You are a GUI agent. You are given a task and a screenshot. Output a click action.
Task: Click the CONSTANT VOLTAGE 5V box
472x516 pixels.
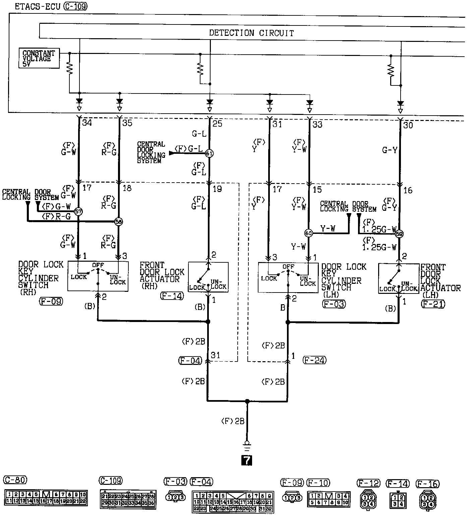click(x=39, y=58)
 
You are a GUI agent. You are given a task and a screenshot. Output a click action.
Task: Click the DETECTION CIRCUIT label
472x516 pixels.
click(x=251, y=33)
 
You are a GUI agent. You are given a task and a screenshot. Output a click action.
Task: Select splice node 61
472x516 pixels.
click(x=209, y=153)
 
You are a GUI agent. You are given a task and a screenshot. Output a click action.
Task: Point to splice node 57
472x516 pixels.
click(x=78, y=211)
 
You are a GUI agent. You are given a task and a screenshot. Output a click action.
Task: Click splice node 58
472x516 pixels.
click(x=118, y=221)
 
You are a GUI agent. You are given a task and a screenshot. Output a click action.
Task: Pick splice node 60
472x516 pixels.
click(x=308, y=233)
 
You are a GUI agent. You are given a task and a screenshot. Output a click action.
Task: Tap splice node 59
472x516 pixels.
click(x=399, y=234)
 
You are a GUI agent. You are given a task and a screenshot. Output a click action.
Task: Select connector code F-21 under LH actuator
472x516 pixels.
click(x=433, y=304)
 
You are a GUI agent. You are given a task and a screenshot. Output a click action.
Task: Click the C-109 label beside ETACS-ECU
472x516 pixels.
click(x=75, y=7)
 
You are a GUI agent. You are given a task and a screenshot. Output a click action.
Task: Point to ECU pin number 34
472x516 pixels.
click(x=87, y=123)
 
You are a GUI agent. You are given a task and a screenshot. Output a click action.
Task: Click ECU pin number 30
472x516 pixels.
click(x=408, y=125)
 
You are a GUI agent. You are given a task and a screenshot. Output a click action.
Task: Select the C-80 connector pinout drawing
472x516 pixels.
click(x=46, y=498)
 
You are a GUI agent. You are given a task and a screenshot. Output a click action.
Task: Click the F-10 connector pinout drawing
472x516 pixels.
click(x=329, y=499)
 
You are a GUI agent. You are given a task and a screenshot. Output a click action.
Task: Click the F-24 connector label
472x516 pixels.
click(x=314, y=360)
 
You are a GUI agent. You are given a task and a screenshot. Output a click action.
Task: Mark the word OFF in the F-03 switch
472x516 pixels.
click(x=288, y=267)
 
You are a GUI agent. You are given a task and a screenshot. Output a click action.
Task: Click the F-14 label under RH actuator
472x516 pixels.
click(x=172, y=296)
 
